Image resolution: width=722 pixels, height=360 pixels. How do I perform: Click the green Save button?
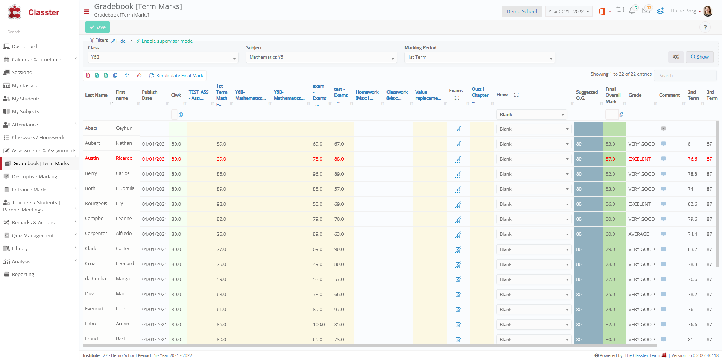[97, 27]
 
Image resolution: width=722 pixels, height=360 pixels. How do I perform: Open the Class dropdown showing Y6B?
[163, 58]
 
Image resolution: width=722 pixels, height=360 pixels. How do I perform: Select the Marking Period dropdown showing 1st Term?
[479, 58]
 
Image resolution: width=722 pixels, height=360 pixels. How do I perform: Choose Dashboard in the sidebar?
[24, 47]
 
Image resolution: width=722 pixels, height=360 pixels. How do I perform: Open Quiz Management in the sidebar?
[33, 236]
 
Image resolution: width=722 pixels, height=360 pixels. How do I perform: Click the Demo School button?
[521, 12]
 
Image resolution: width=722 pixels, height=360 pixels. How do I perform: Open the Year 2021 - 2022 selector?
[568, 12]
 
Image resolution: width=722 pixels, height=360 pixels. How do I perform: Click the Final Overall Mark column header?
[613, 95]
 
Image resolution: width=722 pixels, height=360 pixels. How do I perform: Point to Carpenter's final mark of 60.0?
[610, 234]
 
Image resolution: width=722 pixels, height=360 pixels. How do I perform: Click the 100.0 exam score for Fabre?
[319, 325]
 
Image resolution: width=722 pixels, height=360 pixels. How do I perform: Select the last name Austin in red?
[92, 158]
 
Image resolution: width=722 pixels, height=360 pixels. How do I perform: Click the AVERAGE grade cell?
[638, 234]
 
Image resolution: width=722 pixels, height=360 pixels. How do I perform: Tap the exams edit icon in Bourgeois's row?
[458, 205]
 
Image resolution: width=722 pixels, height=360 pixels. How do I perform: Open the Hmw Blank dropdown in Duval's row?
[534, 295]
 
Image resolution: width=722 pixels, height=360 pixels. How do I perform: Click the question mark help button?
[705, 27]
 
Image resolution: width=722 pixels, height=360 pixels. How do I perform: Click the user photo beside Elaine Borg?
[708, 11]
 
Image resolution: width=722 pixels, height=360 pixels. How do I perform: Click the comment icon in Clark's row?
[663, 249]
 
